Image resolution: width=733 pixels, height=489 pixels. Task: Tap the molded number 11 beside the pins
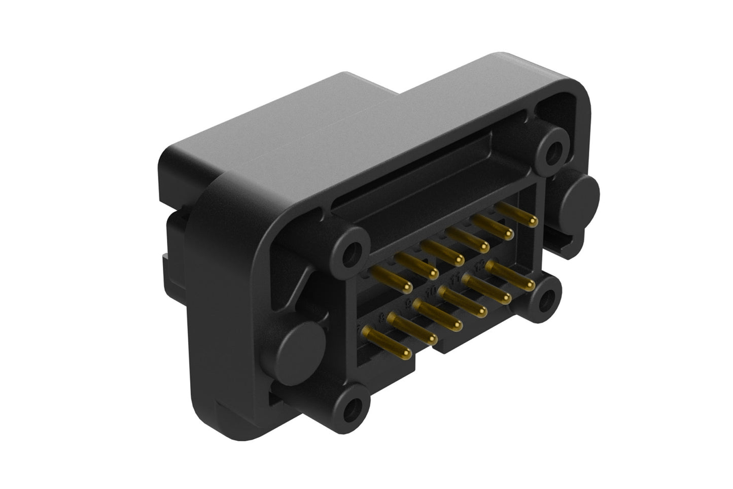point(456,277)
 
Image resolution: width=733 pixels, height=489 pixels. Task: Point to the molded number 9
point(408,305)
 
